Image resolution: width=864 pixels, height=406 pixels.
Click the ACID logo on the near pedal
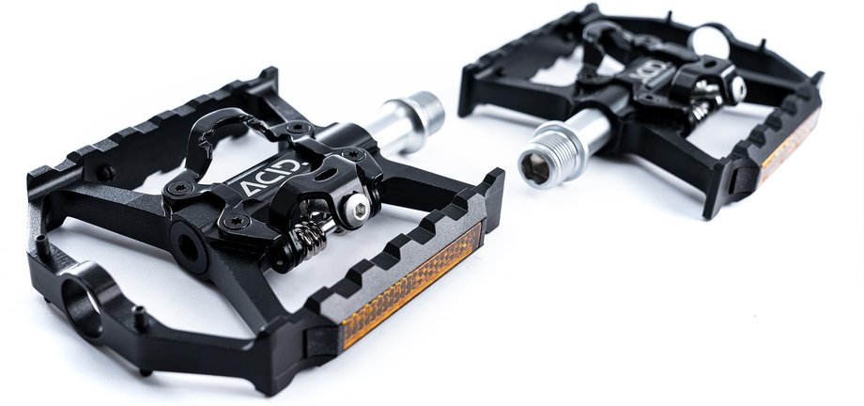[270, 177]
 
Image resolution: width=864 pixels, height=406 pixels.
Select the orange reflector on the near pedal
[411, 285]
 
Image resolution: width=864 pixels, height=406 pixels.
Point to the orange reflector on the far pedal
[788, 146]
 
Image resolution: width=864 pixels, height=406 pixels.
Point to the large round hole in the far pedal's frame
[710, 41]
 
